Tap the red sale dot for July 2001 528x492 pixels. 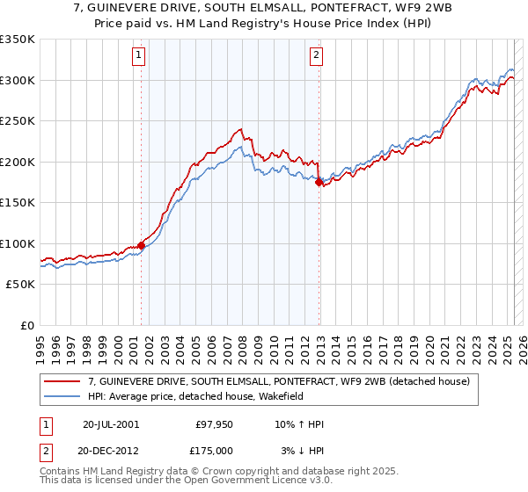[x=141, y=245]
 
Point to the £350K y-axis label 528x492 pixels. [x=18, y=40]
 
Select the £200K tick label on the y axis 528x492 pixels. [x=18, y=162]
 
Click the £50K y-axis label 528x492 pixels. [x=20, y=285]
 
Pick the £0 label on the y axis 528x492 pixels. [x=27, y=325]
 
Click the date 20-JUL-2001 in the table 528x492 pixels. [x=110, y=424]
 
